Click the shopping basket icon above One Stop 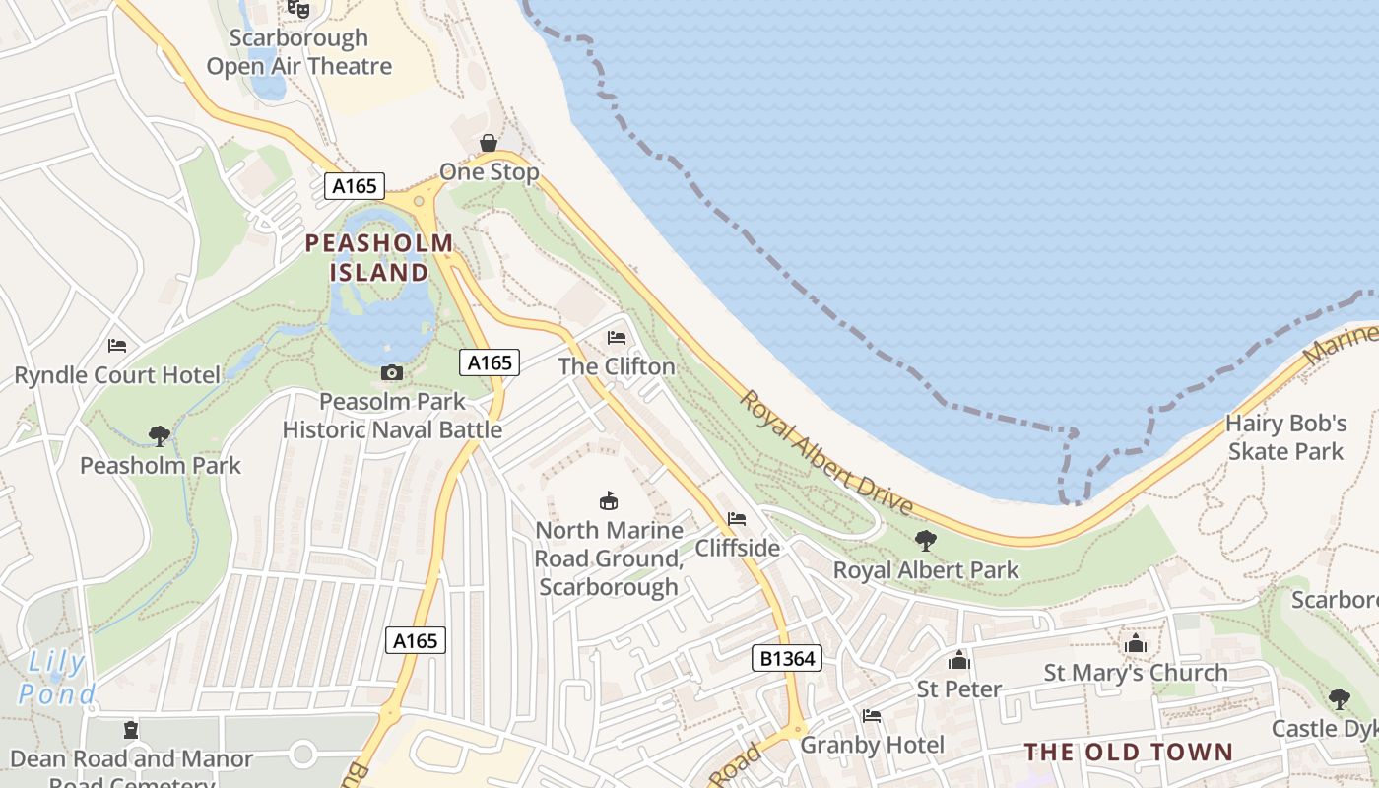[x=488, y=144]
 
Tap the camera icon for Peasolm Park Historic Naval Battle [x=392, y=372]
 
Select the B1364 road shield [x=786, y=658]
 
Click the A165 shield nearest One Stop [x=355, y=186]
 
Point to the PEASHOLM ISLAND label [x=379, y=257]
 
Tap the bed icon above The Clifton [x=617, y=338]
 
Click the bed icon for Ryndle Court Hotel [x=117, y=346]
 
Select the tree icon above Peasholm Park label [x=159, y=435]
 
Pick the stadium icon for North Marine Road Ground [x=609, y=501]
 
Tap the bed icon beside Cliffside [x=736, y=519]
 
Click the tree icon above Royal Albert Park [x=925, y=540]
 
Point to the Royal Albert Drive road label [x=826, y=453]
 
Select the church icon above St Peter [x=958, y=660]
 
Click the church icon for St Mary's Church [x=1136, y=644]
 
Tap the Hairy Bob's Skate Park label [x=1285, y=437]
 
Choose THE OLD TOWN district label [x=1128, y=753]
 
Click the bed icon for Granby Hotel [x=871, y=716]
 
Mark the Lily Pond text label [x=57, y=678]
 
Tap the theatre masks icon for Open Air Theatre [x=298, y=9]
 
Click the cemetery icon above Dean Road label [x=131, y=731]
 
